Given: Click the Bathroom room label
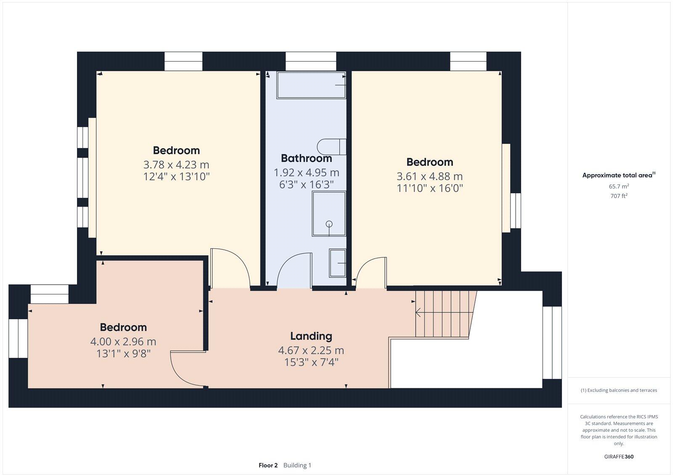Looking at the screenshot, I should (x=306, y=158).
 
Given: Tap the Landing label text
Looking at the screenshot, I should (x=311, y=336).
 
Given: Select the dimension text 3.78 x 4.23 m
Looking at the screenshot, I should (x=176, y=165).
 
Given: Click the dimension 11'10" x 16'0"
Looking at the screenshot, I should (x=429, y=188).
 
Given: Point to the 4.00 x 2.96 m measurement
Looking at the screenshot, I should (x=123, y=342).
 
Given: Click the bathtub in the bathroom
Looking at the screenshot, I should (x=311, y=85).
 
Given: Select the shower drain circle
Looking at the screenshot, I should (x=329, y=224).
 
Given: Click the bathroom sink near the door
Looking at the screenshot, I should (x=337, y=263).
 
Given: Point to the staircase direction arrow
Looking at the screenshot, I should (x=419, y=312).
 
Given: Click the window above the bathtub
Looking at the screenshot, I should (x=311, y=61).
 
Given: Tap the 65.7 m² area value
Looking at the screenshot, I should (x=618, y=186).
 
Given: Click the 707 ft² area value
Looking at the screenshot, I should (x=618, y=196).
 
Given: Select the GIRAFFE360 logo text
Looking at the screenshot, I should (x=618, y=456).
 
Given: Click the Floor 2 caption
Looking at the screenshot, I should (x=268, y=465).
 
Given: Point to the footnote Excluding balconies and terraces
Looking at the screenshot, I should (x=619, y=390).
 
